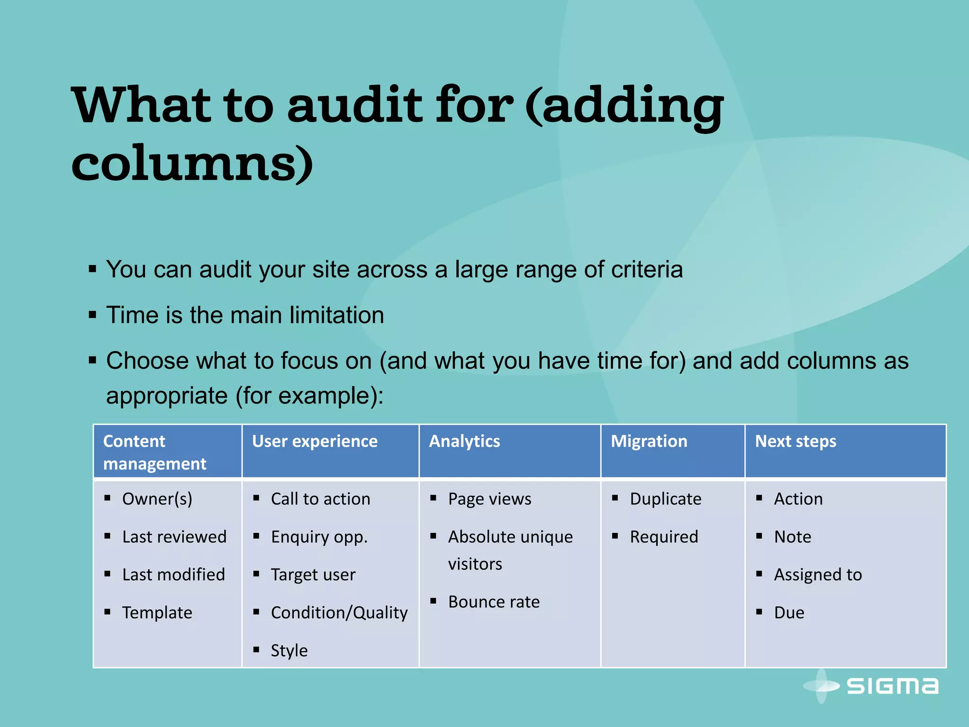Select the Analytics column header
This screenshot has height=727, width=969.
click(x=464, y=441)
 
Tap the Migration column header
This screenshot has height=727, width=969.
click(x=649, y=441)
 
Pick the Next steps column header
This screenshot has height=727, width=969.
click(x=795, y=441)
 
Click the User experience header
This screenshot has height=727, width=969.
click(x=315, y=441)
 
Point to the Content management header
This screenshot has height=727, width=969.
click(x=155, y=452)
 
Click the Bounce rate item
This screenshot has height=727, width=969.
click(x=493, y=602)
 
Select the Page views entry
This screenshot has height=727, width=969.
click(x=489, y=499)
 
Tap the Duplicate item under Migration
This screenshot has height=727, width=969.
click(x=665, y=499)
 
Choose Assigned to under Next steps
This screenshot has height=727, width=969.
click(x=818, y=575)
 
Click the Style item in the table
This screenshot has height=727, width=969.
click(x=289, y=650)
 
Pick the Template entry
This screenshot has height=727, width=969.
click(x=157, y=612)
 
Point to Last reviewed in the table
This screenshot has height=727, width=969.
click(x=174, y=537)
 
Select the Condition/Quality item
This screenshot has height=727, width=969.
click(x=339, y=612)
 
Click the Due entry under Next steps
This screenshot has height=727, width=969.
click(x=789, y=612)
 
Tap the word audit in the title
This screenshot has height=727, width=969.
click(x=355, y=105)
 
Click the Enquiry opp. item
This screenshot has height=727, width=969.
click(x=319, y=537)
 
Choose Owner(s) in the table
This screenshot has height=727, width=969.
click(x=157, y=499)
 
